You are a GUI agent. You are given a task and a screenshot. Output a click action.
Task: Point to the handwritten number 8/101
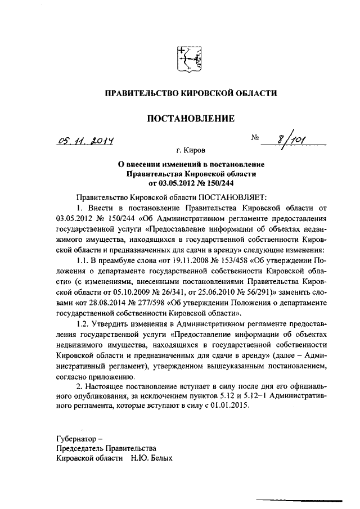(290, 139)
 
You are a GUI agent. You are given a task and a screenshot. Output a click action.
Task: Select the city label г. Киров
(191, 151)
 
